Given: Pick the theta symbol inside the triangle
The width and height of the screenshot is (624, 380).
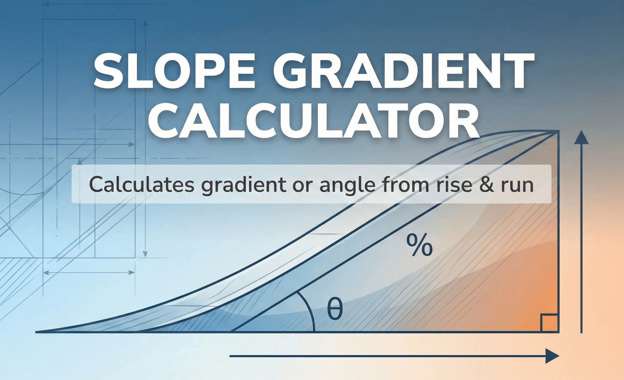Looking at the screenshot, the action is click(335, 309).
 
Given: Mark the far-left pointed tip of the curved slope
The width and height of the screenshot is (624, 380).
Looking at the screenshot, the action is click(36, 332).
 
